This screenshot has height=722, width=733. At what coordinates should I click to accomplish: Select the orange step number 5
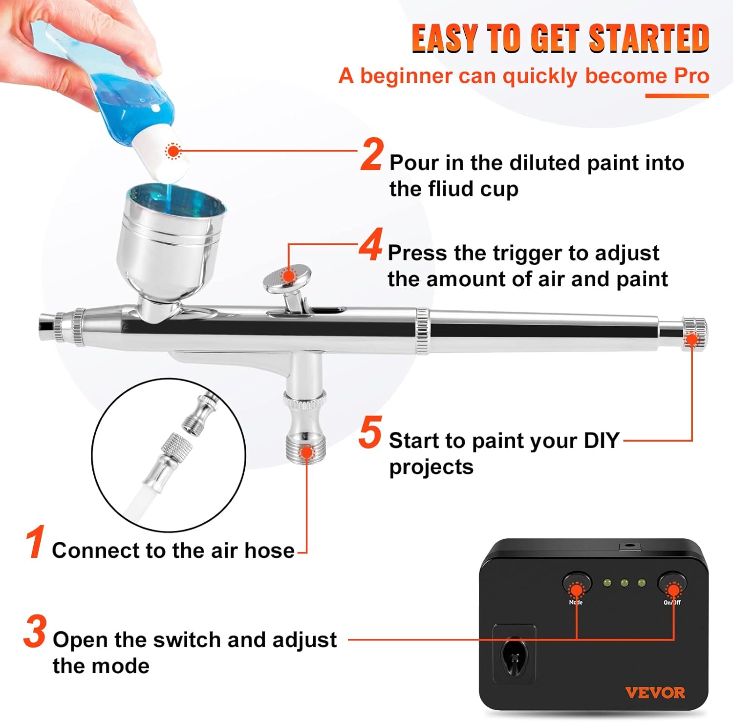pos(370,432)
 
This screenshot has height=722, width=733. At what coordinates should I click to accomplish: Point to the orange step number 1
pos(36,542)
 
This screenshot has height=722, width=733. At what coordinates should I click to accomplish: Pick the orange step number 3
pos(35,632)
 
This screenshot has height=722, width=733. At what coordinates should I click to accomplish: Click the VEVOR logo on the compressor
pos(655,692)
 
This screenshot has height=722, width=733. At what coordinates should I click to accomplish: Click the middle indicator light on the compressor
pos(624,583)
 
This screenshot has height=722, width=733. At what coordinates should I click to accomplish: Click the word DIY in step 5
pos(602,441)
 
